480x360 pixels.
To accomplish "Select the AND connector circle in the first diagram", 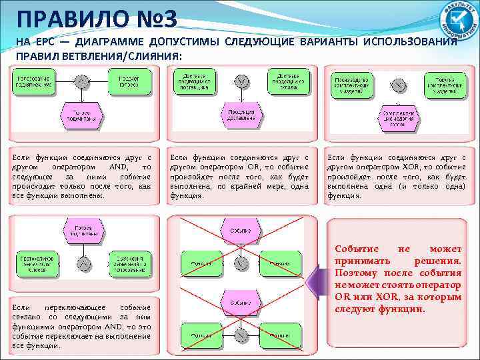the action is click(x=81, y=82).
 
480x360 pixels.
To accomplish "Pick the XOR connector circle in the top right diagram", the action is click(x=398, y=85).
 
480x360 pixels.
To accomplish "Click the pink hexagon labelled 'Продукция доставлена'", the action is click(x=241, y=115).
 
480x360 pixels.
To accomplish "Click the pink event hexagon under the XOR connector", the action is click(x=398, y=119).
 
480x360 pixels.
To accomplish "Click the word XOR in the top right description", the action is click(x=390, y=167).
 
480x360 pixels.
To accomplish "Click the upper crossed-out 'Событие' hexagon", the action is click(x=241, y=230).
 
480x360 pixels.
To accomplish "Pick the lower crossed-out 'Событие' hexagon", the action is click(x=241, y=301).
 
